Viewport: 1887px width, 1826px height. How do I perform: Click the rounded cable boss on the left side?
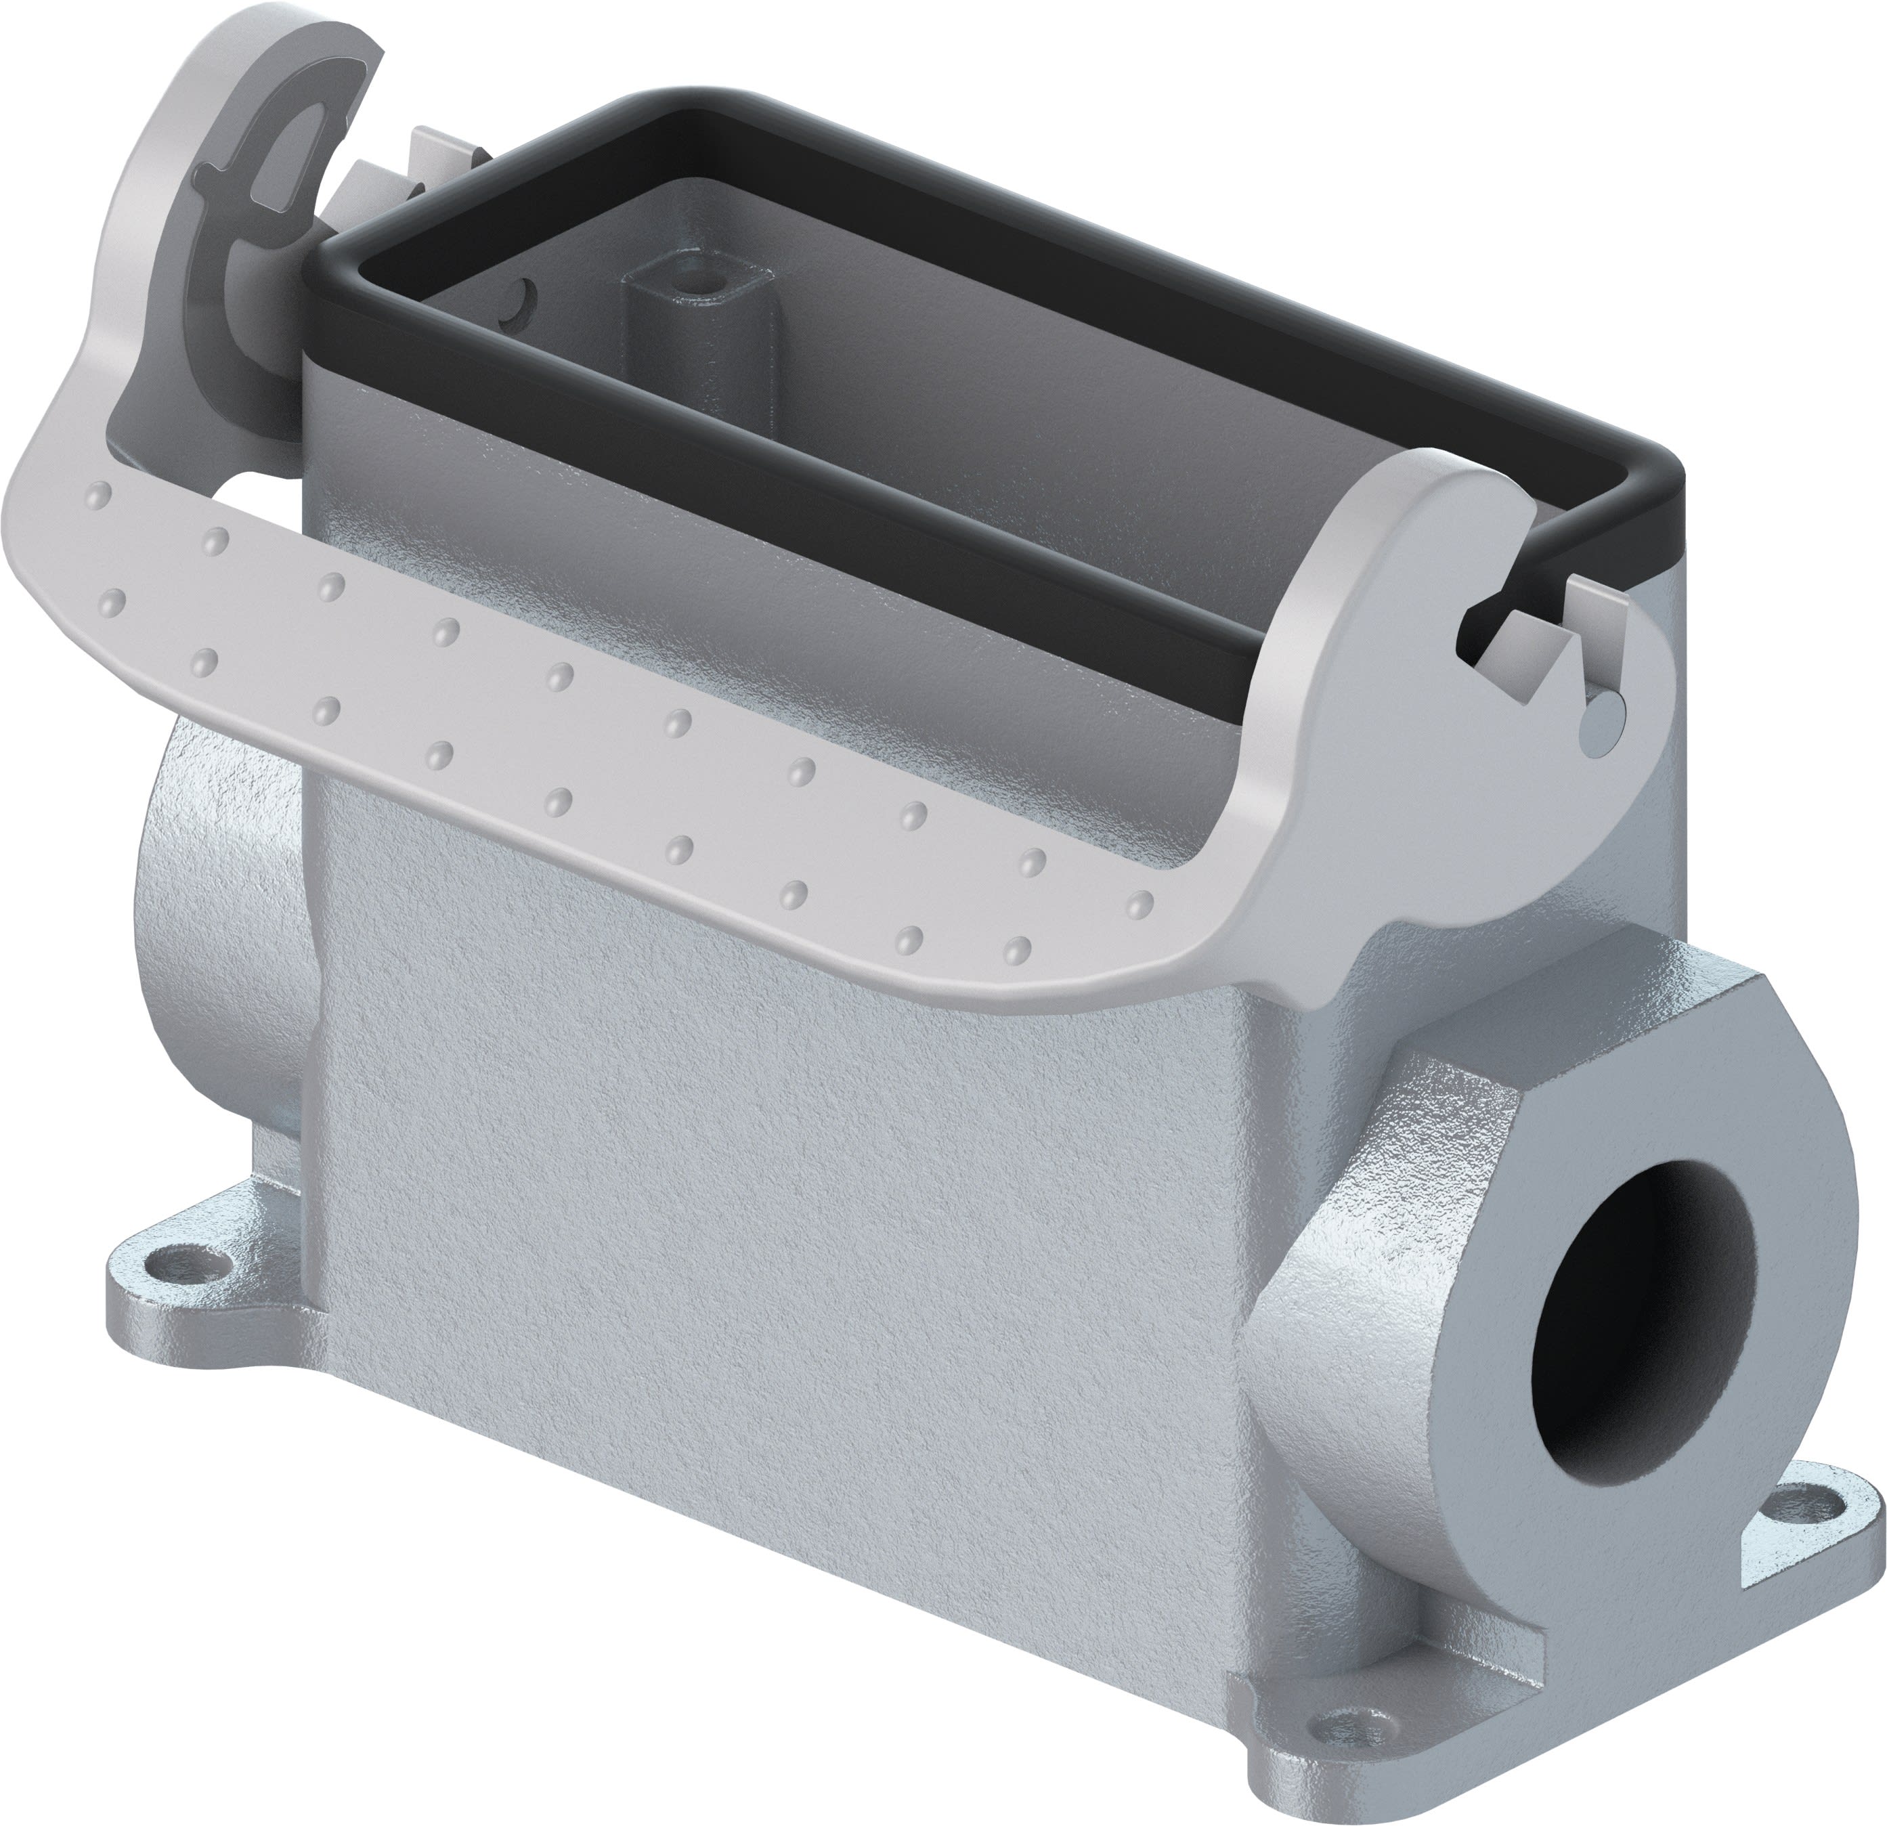click(x=226, y=924)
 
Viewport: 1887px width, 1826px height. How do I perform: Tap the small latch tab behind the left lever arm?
click(x=438, y=154)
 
